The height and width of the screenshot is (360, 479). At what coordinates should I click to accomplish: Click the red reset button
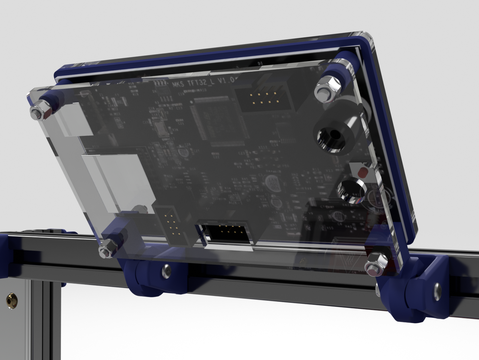click(363, 171)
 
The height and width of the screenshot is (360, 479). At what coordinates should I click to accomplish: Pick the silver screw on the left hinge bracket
click(166, 271)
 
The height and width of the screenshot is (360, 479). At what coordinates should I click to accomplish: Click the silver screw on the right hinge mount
click(437, 289)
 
